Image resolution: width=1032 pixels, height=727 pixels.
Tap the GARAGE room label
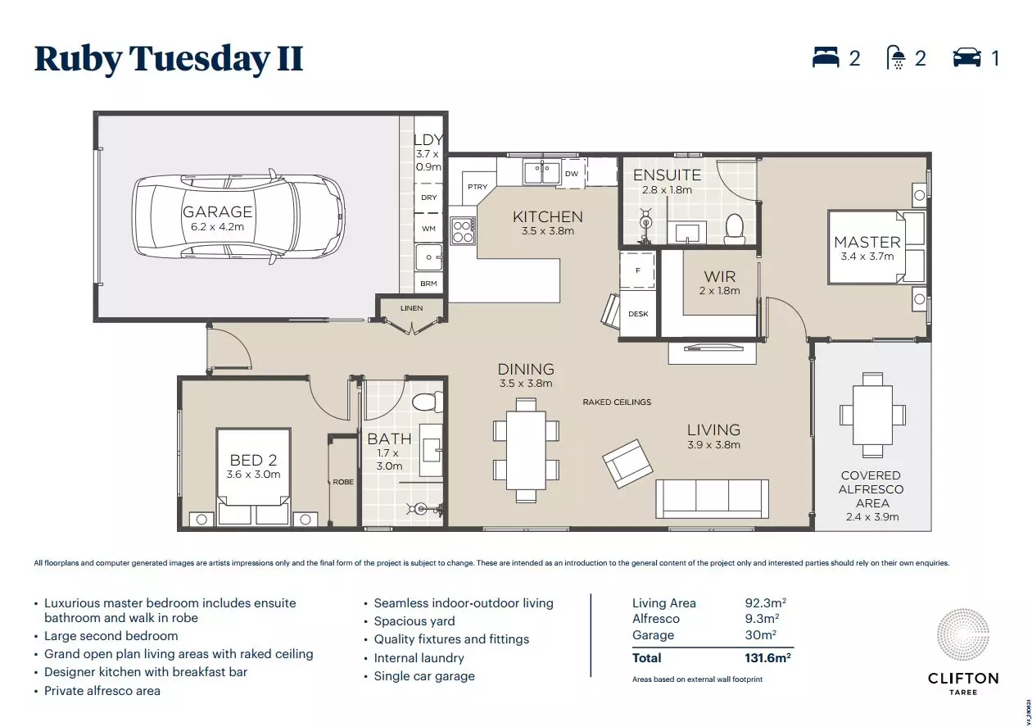pyautogui.click(x=217, y=211)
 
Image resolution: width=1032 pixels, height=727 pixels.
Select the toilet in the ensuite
pyautogui.click(x=735, y=229)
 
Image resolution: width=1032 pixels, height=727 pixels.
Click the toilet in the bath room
pyautogui.click(x=426, y=402)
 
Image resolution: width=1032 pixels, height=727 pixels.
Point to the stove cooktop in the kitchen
pyautogui.click(x=463, y=229)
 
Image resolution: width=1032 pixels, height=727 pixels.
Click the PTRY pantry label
pyautogui.click(x=478, y=187)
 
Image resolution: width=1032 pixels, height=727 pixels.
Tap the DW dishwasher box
pyautogui.click(x=572, y=174)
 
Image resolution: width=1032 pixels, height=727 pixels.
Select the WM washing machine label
pyautogui.click(x=428, y=229)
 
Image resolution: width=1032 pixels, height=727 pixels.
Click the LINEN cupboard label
pyautogui.click(x=412, y=308)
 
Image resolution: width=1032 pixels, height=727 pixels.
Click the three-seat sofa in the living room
pyautogui.click(x=712, y=496)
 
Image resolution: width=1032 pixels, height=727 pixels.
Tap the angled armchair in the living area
pyautogui.click(x=629, y=465)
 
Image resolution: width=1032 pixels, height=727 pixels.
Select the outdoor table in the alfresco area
pyautogui.click(x=872, y=415)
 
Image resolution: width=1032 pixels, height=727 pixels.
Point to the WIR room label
pyautogui.click(x=720, y=277)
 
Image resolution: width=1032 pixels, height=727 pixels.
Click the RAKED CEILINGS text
pyautogui.click(x=617, y=402)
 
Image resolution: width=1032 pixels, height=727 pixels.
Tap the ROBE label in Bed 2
pyautogui.click(x=343, y=482)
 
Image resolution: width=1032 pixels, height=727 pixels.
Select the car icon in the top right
pyautogui.click(x=966, y=57)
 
